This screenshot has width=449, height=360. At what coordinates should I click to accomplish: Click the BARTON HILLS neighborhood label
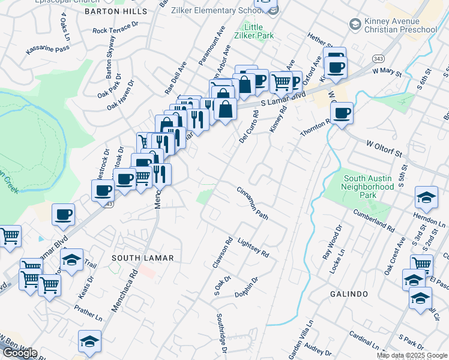116,11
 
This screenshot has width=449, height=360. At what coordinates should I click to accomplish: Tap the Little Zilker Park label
258,32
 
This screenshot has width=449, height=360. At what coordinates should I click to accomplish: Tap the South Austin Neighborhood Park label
368,187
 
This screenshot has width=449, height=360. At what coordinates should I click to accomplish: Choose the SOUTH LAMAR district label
143,257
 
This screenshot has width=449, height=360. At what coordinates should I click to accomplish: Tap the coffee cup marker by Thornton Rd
342,113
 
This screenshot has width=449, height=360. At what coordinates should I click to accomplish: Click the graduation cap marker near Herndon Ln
426,197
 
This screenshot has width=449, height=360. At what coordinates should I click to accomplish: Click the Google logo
20,353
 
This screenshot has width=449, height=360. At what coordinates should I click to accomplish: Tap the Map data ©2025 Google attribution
412,355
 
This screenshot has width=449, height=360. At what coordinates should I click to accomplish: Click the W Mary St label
386,71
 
